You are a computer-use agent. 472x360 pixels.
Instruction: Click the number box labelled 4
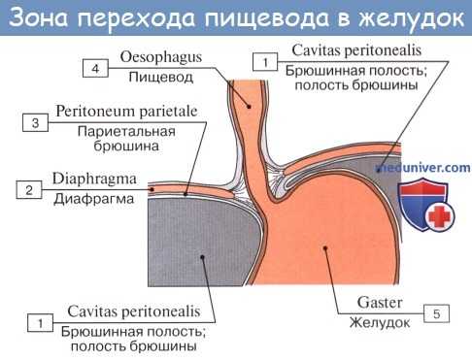pos(95,69)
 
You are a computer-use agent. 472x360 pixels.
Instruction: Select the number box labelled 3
pos(34,123)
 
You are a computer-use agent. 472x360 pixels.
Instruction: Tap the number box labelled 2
pos(28,190)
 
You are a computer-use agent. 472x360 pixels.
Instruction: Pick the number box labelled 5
pos(437,313)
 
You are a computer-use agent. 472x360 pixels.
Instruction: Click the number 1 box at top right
pos(262,62)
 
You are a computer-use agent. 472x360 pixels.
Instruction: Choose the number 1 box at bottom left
pos(39,321)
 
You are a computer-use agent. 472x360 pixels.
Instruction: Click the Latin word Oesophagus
pos(160,58)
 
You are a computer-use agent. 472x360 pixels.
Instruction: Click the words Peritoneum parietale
pos(127,113)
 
